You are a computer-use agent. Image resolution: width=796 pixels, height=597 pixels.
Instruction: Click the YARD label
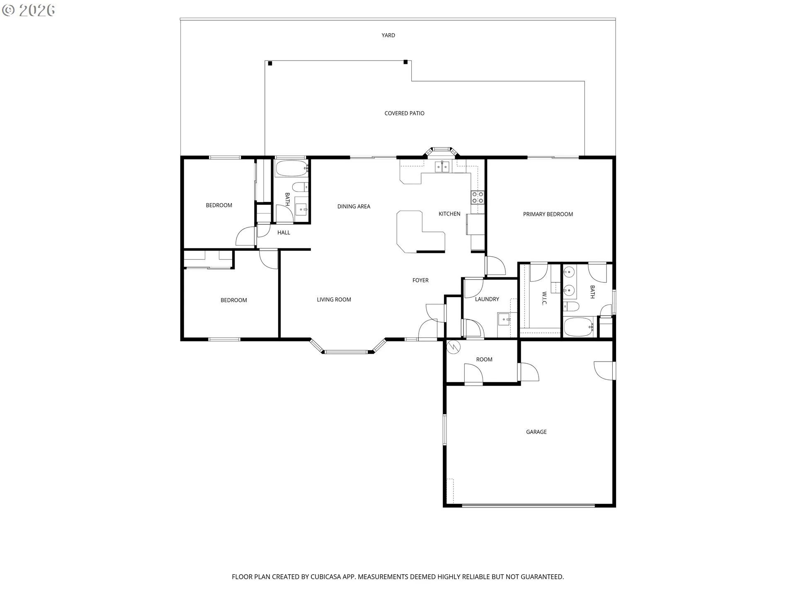[388, 35]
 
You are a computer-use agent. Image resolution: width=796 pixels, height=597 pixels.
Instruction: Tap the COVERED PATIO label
[404, 113]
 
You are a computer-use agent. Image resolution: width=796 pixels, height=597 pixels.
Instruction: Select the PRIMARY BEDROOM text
[548, 214]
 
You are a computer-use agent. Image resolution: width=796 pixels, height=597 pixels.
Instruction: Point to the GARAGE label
[536, 432]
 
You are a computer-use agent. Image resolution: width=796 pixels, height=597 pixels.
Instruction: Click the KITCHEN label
[449, 214]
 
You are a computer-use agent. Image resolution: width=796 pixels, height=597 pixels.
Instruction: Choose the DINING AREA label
[354, 206]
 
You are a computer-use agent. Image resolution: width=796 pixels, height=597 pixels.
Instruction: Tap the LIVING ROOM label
[334, 300]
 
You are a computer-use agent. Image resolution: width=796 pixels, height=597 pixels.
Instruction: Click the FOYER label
[420, 280]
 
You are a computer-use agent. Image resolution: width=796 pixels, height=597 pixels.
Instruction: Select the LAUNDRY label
[487, 299]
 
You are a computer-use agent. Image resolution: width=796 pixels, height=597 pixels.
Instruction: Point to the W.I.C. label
[544, 298]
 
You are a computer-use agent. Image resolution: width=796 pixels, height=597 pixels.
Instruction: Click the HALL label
[284, 233]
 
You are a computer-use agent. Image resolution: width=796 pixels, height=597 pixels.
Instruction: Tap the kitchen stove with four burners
[478, 197]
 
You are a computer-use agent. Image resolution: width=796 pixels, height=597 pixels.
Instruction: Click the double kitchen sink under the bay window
[442, 167]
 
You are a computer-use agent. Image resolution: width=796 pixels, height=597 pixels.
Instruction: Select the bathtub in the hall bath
[291, 168]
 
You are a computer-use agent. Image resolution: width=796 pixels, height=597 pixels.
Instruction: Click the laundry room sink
[504, 320]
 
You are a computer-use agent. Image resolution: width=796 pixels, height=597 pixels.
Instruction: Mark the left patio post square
[270, 63]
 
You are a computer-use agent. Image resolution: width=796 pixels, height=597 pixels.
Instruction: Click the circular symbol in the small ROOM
[454, 347]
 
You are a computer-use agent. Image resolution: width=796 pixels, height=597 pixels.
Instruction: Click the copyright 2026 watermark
[29, 10]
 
